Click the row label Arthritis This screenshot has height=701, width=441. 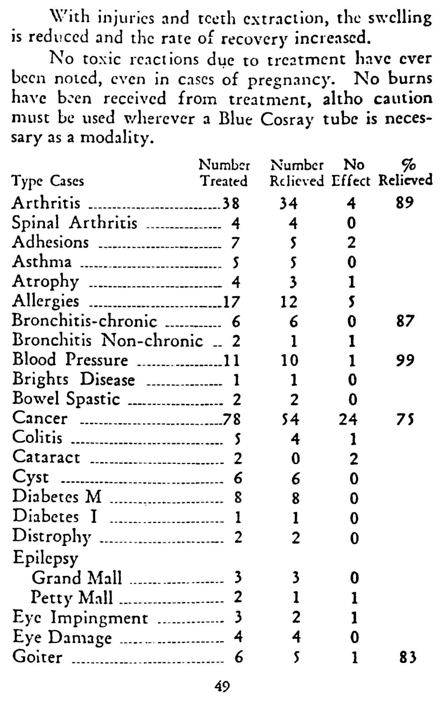coord(46,203)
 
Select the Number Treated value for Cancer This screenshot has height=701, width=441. coord(232,419)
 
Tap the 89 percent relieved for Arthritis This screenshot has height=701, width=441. coord(405,203)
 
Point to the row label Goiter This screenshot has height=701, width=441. coord(37,657)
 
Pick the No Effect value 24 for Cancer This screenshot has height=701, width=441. coord(348,419)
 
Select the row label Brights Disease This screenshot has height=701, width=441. coord(74,380)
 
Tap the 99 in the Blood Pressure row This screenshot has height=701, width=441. coord(405,360)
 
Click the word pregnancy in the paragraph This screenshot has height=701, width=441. coord(291,80)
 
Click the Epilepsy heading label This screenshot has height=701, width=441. coord(45,558)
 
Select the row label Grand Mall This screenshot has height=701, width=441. coord(77,578)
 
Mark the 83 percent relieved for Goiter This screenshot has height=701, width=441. coord(408,657)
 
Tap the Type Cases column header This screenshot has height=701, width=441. coord(48,181)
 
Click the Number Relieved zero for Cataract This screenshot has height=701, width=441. coord(295,458)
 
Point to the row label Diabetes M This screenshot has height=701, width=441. coord(57,497)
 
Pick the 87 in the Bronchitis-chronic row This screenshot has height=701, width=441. coord(405,321)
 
